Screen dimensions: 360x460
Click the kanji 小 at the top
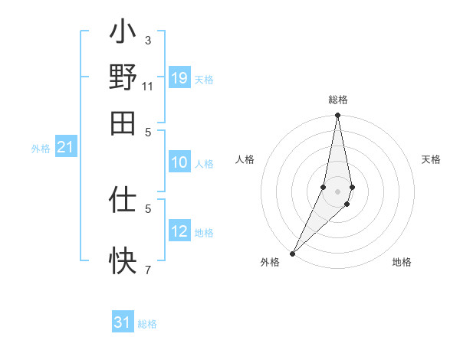(123, 34)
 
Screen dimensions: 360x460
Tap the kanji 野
(123, 78)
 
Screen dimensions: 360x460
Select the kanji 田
(123, 122)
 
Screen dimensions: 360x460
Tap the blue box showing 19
(179, 78)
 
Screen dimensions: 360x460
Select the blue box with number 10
(179, 162)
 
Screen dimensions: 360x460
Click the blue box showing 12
(179, 231)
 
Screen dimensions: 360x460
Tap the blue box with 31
(123, 322)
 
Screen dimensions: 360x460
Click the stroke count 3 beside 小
(147, 40)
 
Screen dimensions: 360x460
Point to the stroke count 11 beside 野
(147, 85)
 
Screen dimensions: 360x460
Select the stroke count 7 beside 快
(147, 269)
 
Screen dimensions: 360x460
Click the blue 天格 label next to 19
(204, 80)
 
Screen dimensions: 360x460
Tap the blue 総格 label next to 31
(147, 324)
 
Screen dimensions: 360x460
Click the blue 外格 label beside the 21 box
(40, 149)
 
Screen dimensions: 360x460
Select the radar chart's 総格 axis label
(338, 100)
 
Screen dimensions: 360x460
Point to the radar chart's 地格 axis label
(402, 262)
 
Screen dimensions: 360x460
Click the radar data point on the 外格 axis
(293, 254)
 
